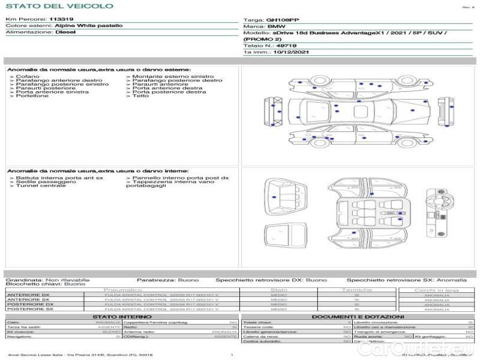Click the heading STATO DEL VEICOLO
pyautogui.click(x=59, y=6)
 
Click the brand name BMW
pyautogui.click(x=276, y=27)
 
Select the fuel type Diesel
pyautogui.click(x=65, y=32)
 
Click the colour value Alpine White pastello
pyautogui.click(x=88, y=26)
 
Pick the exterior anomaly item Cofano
pyautogui.click(x=28, y=77)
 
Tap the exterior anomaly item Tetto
pyautogui.click(x=140, y=96)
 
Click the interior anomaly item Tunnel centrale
pyautogui.click(x=41, y=186)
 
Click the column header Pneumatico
pyautogui.click(x=122, y=290)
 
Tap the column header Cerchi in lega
pyautogui.click(x=437, y=290)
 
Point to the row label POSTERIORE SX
pyautogui.click(x=30, y=309)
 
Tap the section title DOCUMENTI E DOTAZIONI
pyautogui.click(x=358, y=316)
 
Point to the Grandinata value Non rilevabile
pyautogui.click(x=67, y=280)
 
